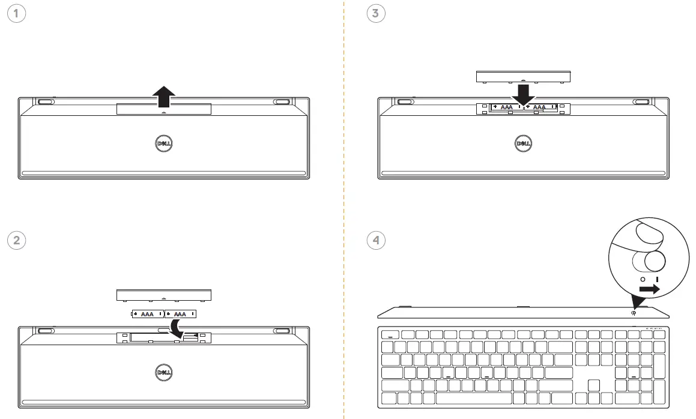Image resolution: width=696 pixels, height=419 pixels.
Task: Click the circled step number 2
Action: click(17, 241)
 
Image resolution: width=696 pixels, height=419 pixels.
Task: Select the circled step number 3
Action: click(376, 14)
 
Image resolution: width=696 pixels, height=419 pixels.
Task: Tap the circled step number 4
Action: click(376, 241)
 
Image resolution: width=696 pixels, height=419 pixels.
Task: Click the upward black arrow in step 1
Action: click(163, 96)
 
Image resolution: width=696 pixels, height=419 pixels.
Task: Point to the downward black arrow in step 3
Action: click(523, 94)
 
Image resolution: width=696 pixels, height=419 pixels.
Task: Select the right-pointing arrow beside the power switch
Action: click(649, 289)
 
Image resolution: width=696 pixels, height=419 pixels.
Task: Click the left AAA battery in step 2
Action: click(147, 314)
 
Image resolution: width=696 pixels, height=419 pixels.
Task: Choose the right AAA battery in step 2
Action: click(180, 314)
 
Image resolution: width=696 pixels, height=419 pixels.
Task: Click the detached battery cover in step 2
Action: click(164, 295)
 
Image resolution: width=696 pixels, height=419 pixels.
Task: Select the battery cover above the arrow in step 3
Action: click(522, 76)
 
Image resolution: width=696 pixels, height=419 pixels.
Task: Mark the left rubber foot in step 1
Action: click(45, 102)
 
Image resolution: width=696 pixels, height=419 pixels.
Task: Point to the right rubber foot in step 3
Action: click(640, 102)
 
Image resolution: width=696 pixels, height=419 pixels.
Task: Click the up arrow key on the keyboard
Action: click(594, 385)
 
